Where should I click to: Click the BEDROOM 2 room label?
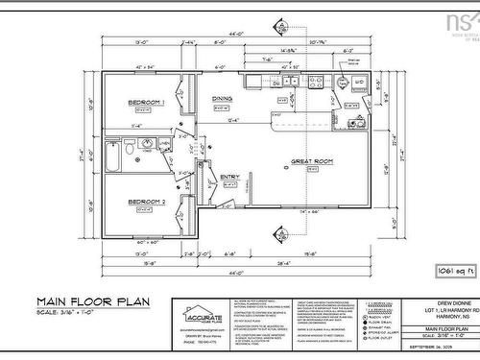pos(147,201)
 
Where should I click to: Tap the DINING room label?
pos(222,98)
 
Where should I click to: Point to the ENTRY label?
pos(229,177)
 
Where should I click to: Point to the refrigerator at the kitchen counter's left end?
pos(255,82)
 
